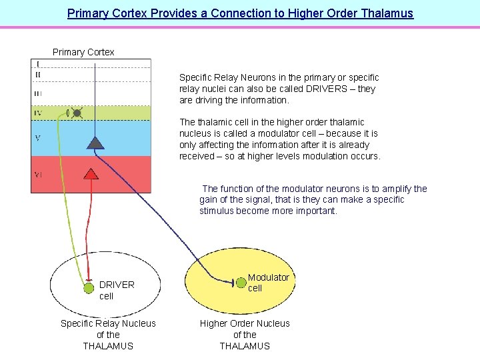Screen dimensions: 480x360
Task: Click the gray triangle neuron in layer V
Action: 96,141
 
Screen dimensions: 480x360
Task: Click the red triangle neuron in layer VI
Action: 91,174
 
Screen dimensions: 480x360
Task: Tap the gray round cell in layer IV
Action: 77,113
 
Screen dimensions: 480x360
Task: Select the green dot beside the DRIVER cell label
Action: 89,288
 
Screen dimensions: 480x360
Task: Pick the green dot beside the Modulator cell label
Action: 241,283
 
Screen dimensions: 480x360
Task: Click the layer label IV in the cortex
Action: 38,113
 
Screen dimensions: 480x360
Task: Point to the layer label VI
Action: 39,175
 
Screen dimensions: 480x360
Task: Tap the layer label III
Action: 37,93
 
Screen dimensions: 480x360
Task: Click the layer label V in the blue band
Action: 37,138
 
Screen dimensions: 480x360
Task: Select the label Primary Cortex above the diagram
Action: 83,52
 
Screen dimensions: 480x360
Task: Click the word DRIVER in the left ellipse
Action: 117,285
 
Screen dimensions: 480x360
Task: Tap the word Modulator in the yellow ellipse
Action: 269,277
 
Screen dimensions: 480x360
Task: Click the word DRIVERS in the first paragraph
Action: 327,89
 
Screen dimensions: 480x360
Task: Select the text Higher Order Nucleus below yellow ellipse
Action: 245,323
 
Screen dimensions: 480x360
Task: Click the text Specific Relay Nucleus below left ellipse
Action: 108,323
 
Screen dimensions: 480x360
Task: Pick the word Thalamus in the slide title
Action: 385,13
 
